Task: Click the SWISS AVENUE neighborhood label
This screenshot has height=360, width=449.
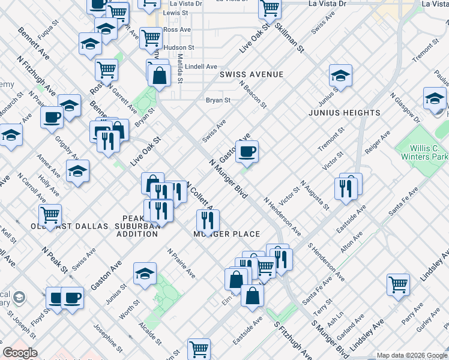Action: pos(251,74)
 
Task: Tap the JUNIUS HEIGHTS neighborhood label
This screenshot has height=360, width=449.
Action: pos(345,113)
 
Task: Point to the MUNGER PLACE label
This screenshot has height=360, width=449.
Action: pos(227,234)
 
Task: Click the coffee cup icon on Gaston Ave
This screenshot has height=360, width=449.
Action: pos(247,152)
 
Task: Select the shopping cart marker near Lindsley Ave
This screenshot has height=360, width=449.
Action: pos(398,286)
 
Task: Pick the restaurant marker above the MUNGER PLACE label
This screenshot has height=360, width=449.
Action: pos(208,220)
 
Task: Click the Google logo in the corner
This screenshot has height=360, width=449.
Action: pos(20,353)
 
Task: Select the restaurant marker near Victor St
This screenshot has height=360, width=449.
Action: pos(351,188)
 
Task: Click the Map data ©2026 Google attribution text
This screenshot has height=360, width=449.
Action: pos(411,355)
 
